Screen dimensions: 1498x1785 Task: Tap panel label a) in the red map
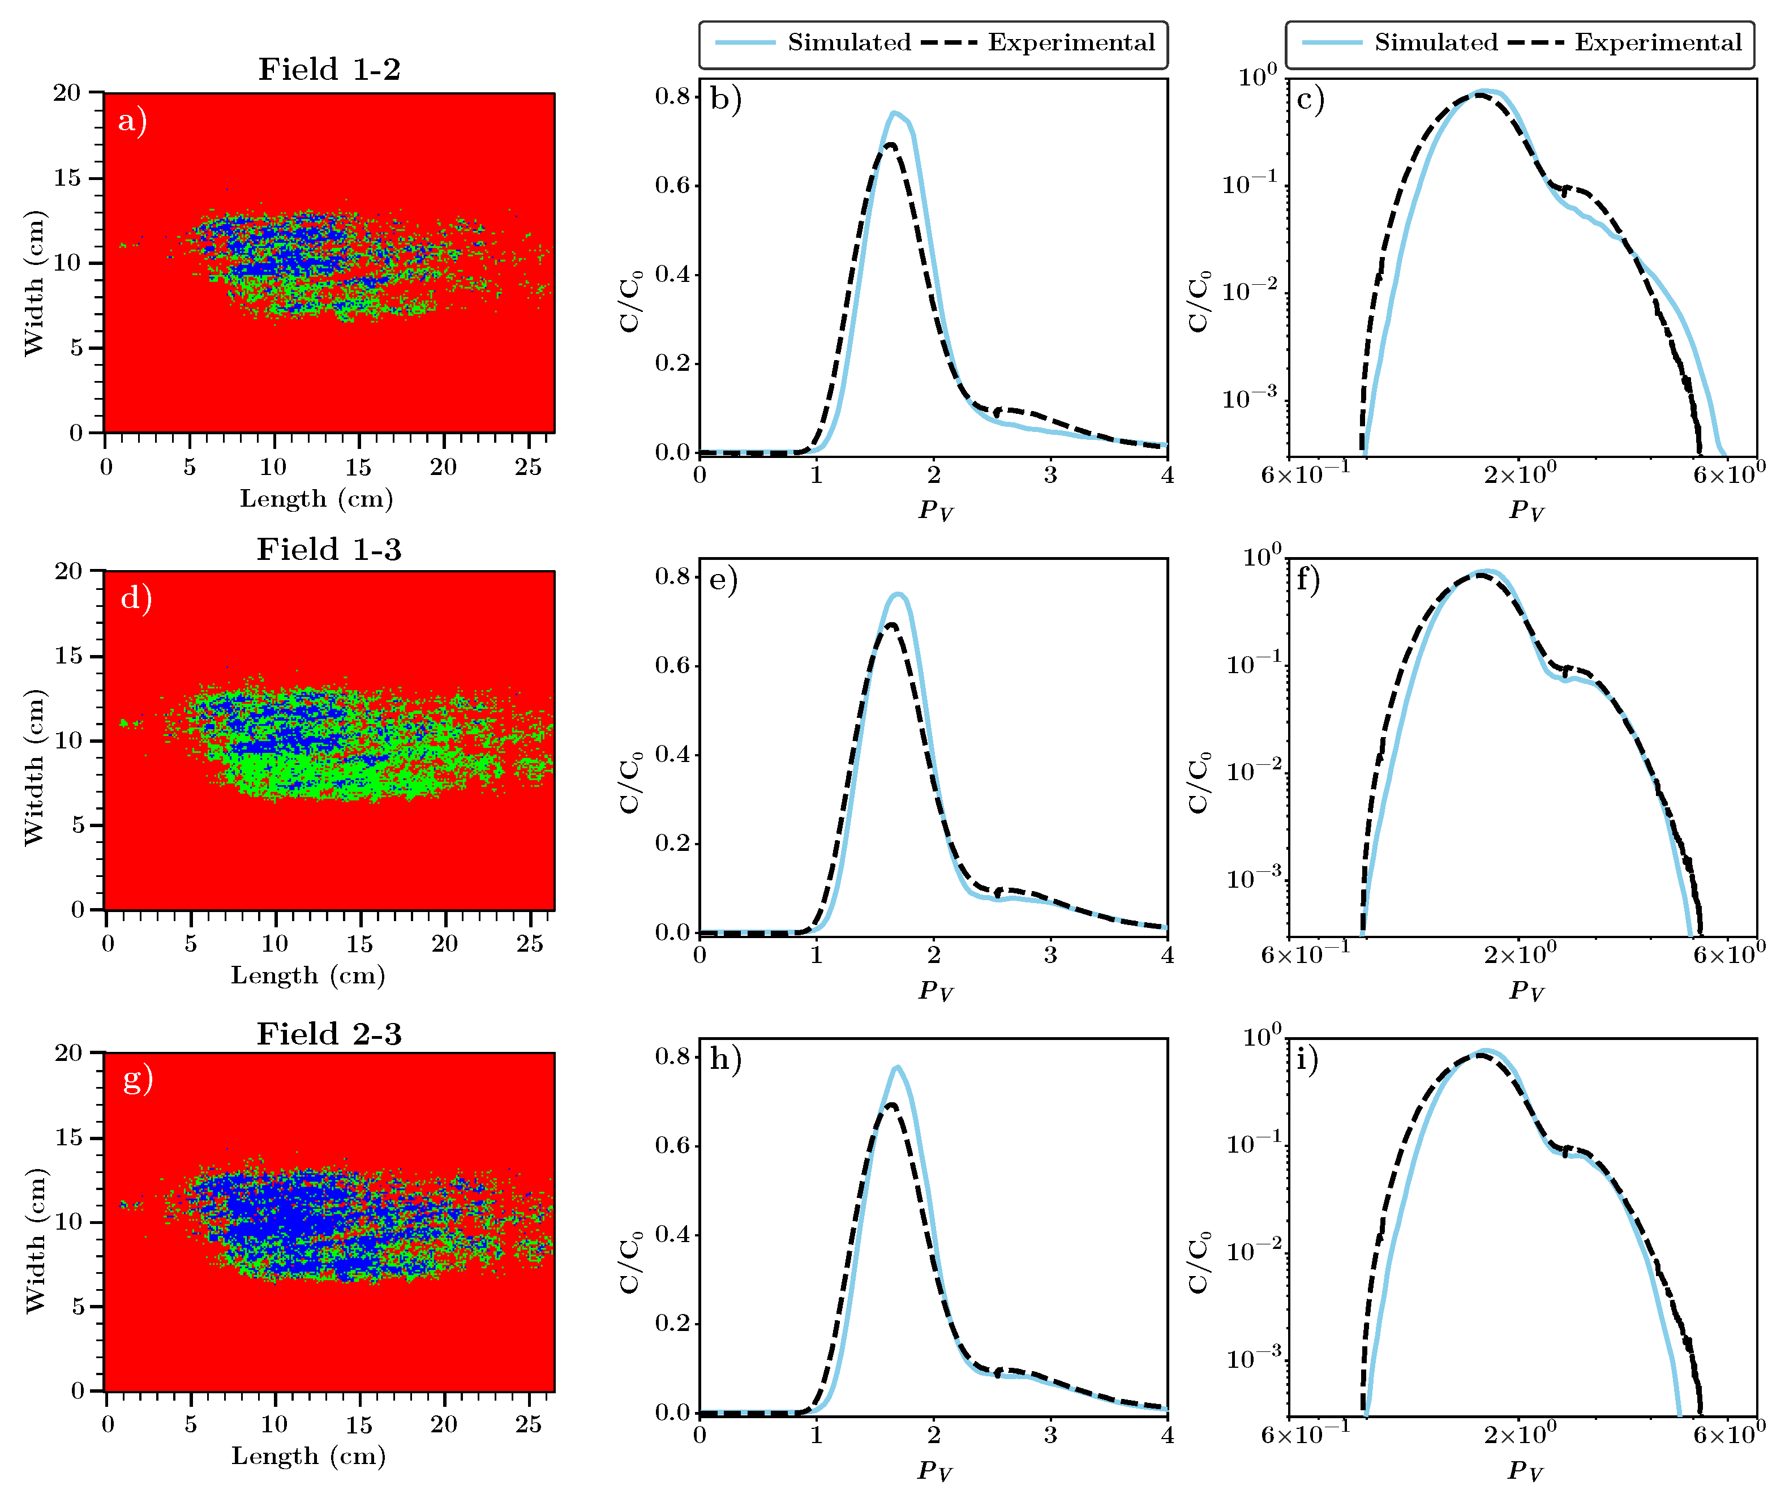[x=132, y=121]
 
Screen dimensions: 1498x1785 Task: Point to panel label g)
[x=138, y=1080]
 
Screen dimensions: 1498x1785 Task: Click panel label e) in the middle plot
[x=723, y=580]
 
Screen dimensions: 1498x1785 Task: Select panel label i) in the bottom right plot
[x=1307, y=1059]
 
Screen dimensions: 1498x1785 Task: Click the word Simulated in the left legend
[x=848, y=42]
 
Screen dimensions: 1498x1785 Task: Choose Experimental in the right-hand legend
[x=1658, y=42]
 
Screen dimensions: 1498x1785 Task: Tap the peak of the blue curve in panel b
[x=894, y=112]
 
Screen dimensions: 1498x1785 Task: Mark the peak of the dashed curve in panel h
[x=891, y=1105]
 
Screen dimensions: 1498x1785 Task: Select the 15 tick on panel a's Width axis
[x=67, y=178]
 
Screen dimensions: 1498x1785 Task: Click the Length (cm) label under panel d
[x=308, y=975]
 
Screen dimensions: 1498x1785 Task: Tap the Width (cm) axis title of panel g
[x=34, y=1241]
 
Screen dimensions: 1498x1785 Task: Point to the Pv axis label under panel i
[x=1526, y=1471]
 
